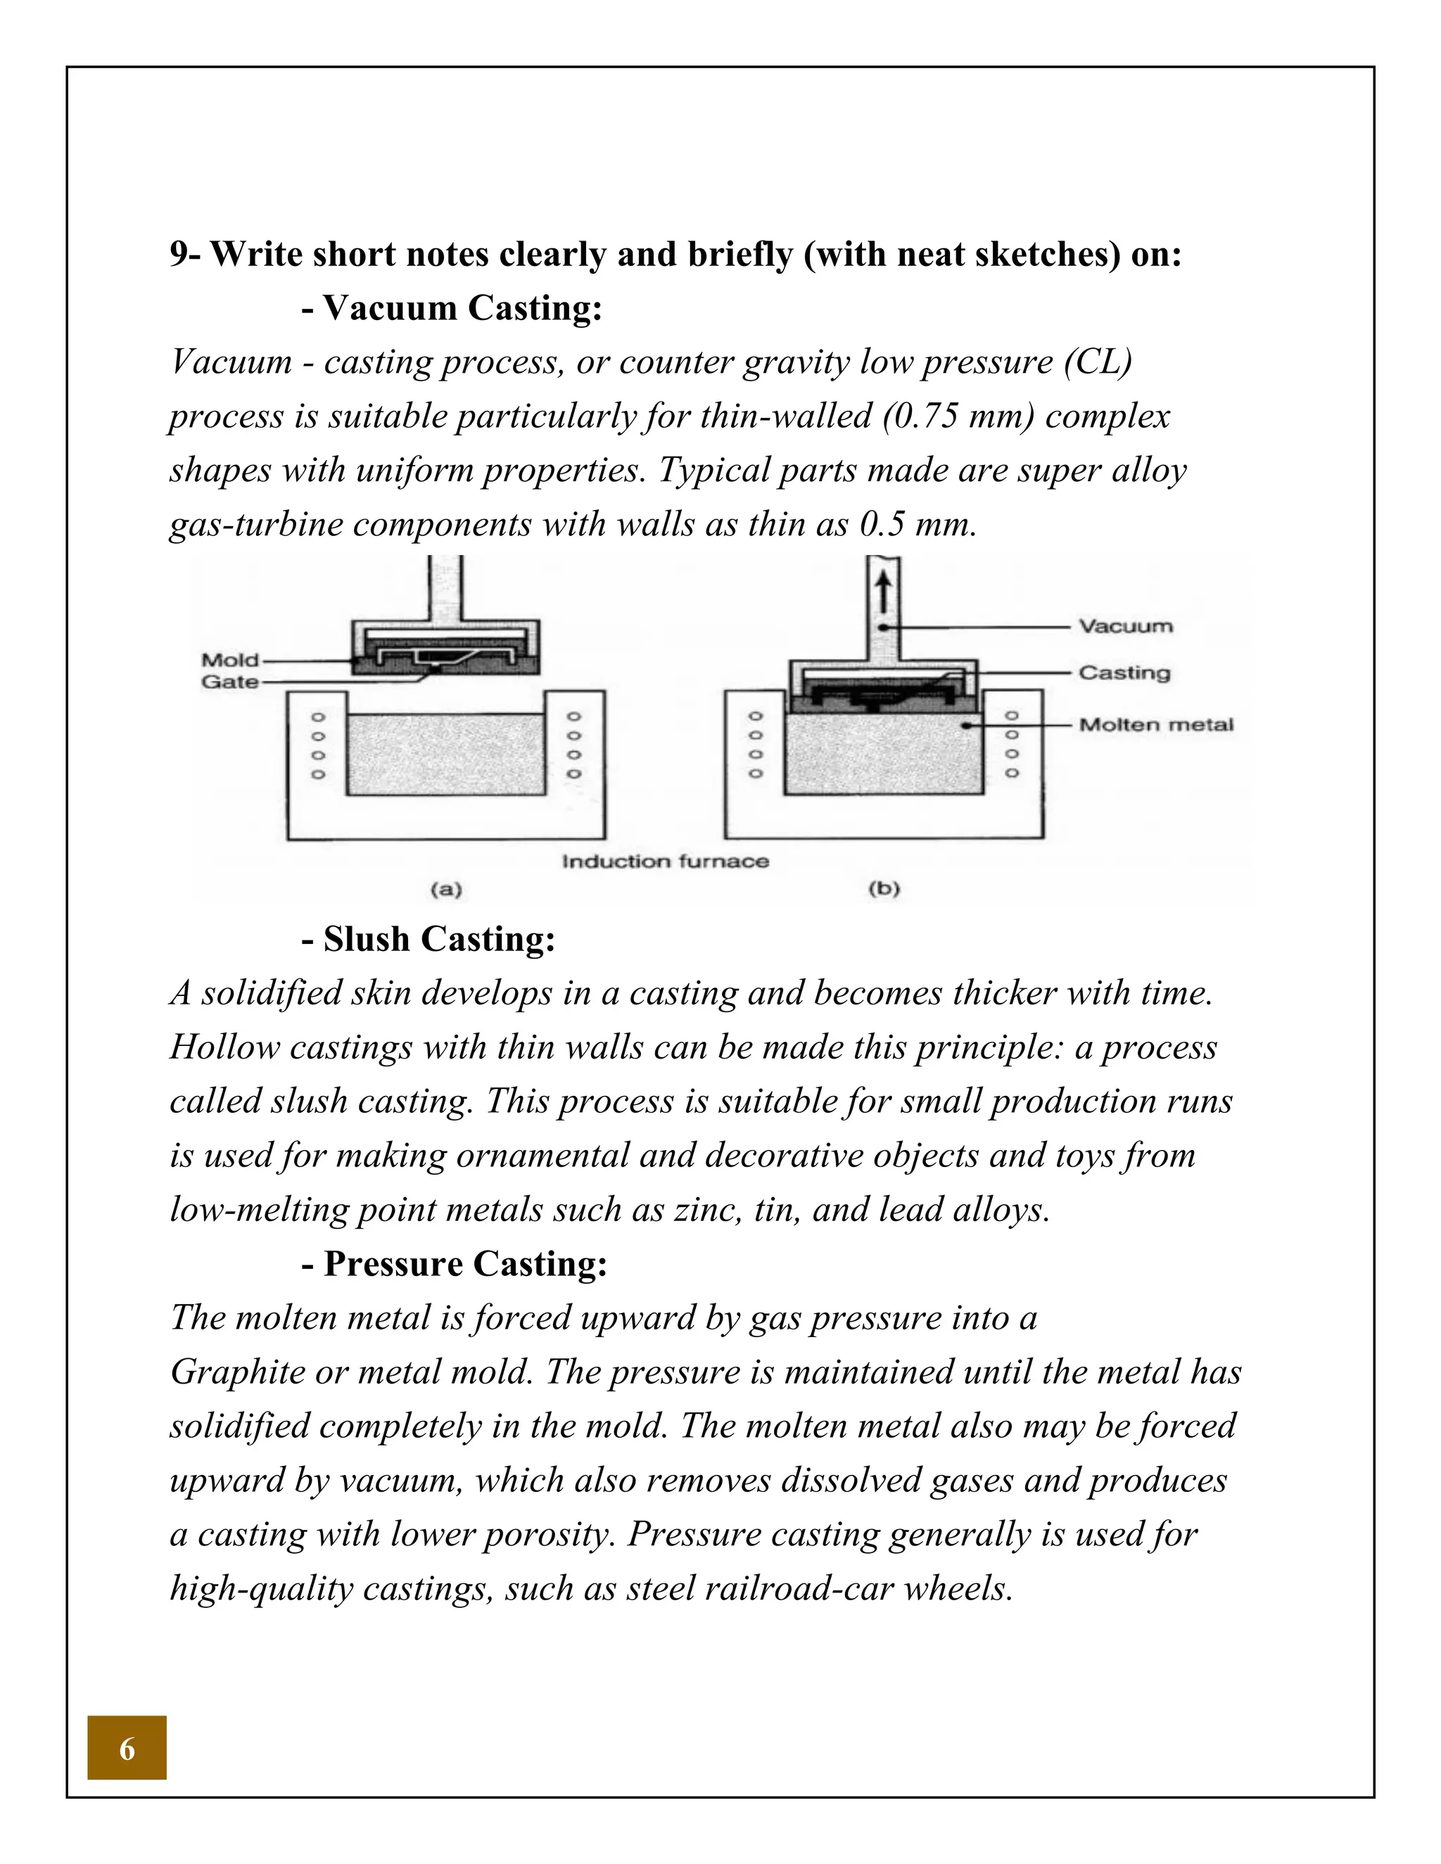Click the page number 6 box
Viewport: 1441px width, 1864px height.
click(x=127, y=1748)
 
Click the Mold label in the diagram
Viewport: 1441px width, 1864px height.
click(x=229, y=660)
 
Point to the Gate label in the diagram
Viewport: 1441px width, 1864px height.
click(x=229, y=681)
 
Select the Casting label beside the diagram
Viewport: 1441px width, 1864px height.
click(x=1124, y=672)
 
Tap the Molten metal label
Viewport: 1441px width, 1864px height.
click(x=1156, y=724)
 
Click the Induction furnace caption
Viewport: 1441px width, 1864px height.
click(x=665, y=861)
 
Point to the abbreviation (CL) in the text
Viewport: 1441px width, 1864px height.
click(x=1098, y=362)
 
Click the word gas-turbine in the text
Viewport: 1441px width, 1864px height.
click(x=255, y=524)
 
